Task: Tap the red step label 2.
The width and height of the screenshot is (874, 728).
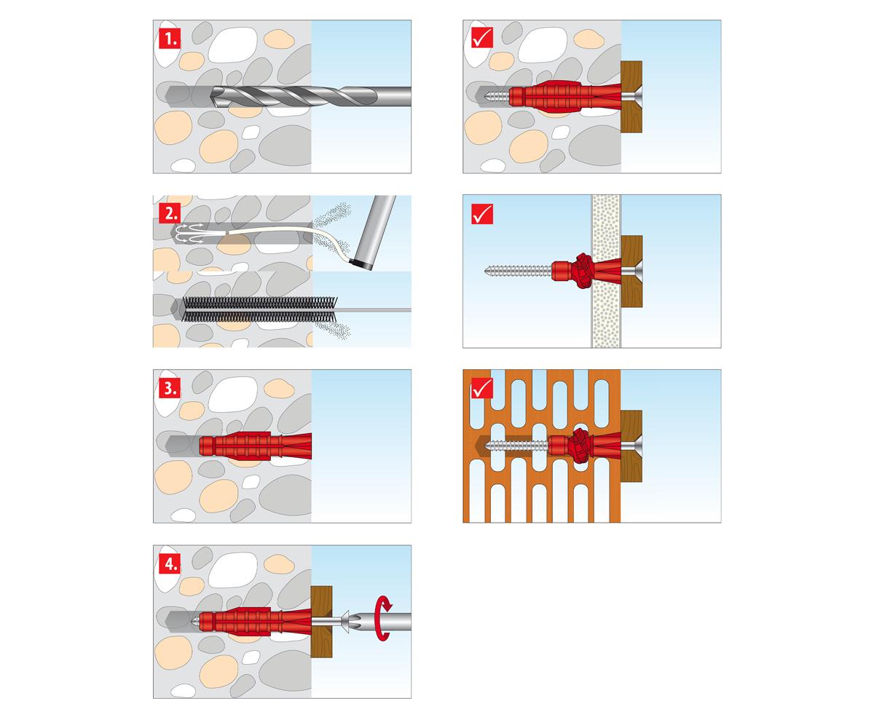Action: pos(170,213)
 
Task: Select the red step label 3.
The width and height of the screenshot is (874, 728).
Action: pos(170,388)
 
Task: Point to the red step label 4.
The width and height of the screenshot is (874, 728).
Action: pos(170,563)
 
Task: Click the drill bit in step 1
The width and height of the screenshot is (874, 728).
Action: pos(310,97)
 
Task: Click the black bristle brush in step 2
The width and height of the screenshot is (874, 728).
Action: pos(259,309)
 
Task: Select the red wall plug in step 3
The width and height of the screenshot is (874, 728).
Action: pos(255,446)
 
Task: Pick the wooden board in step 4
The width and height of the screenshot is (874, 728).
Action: pos(321,622)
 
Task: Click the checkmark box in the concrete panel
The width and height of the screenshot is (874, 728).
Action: pos(482,38)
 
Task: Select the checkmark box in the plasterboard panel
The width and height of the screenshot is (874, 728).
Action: pos(482,214)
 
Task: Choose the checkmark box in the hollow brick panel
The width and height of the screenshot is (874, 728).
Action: pos(482,388)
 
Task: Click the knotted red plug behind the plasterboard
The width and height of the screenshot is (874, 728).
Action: pos(583,271)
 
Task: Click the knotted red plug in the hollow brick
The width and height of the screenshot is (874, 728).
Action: pos(582,446)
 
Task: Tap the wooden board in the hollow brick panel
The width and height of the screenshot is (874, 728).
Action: pos(631,446)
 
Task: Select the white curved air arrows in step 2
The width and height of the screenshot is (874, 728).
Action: pos(189,233)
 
